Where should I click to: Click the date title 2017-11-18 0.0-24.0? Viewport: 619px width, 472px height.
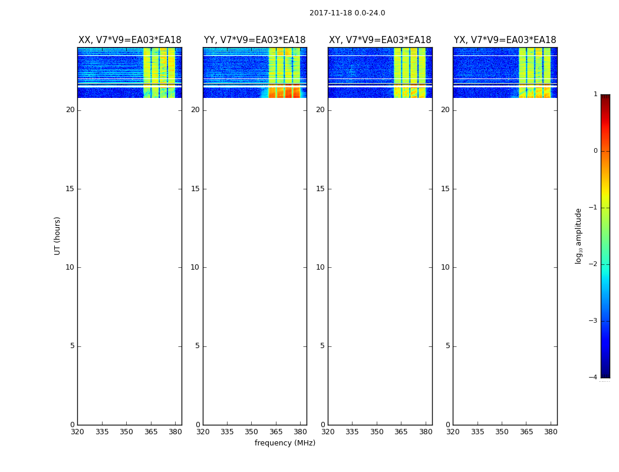click(x=347, y=13)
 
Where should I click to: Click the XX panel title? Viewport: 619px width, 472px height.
click(x=130, y=40)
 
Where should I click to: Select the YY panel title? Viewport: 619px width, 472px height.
click(x=255, y=40)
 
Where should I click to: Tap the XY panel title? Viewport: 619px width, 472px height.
click(x=380, y=40)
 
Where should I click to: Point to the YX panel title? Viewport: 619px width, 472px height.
click(x=505, y=40)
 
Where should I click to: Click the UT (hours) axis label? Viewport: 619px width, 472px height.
click(x=57, y=235)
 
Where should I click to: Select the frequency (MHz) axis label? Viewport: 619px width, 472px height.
click(x=285, y=443)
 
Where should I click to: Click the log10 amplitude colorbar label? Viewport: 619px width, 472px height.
click(x=579, y=235)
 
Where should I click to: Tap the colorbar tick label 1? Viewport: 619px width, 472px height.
click(x=595, y=94)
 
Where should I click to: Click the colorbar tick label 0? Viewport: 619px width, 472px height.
click(x=595, y=151)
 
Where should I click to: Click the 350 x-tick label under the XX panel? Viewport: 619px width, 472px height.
click(x=126, y=432)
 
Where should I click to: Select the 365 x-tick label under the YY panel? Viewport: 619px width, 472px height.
click(x=276, y=432)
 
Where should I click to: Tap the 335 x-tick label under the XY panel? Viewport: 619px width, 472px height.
click(x=352, y=432)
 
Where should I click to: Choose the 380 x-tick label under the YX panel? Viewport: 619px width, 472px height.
click(x=551, y=432)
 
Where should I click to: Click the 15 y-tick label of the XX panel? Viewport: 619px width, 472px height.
click(x=70, y=189)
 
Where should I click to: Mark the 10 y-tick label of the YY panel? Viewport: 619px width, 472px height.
click(x=195, y=267)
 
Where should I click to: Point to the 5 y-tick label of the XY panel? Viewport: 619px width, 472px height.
click(x=322, y=346)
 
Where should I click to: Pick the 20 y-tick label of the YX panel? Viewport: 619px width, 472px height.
click(x=445, y=110)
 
